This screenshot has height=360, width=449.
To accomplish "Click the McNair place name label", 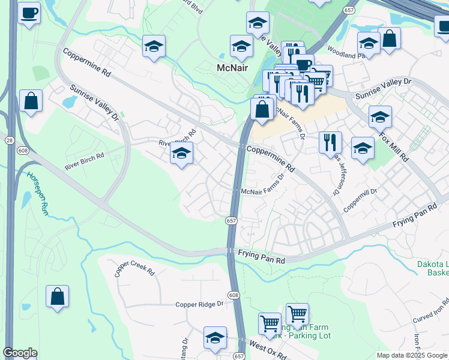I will [233, 68].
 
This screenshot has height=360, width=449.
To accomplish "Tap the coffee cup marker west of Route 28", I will [29, 13].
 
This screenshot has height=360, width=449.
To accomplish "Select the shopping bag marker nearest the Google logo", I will [57, 296].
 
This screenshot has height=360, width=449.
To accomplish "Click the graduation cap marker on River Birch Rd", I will [181, 154].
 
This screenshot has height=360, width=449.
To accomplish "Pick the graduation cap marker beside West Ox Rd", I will [214, 338].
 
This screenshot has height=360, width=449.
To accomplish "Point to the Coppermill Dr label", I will [360, 200].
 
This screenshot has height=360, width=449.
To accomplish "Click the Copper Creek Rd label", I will [134, 268].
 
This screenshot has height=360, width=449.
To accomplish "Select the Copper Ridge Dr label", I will [199, 304].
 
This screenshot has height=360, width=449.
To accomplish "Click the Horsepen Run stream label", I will [37, 194].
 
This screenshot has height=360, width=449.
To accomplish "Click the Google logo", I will [20, 353].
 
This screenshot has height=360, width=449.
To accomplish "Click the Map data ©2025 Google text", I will [412, 355].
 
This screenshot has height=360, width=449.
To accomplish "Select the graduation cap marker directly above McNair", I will [241, 46].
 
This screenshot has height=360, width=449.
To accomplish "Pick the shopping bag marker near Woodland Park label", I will [390, 38].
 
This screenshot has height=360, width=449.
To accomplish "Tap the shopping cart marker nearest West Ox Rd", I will [270, 323].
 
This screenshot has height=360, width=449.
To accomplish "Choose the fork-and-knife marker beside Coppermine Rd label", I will [330, 143].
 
